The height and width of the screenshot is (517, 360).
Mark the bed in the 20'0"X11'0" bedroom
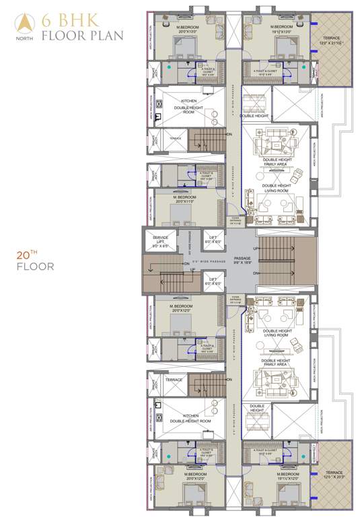183,213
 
